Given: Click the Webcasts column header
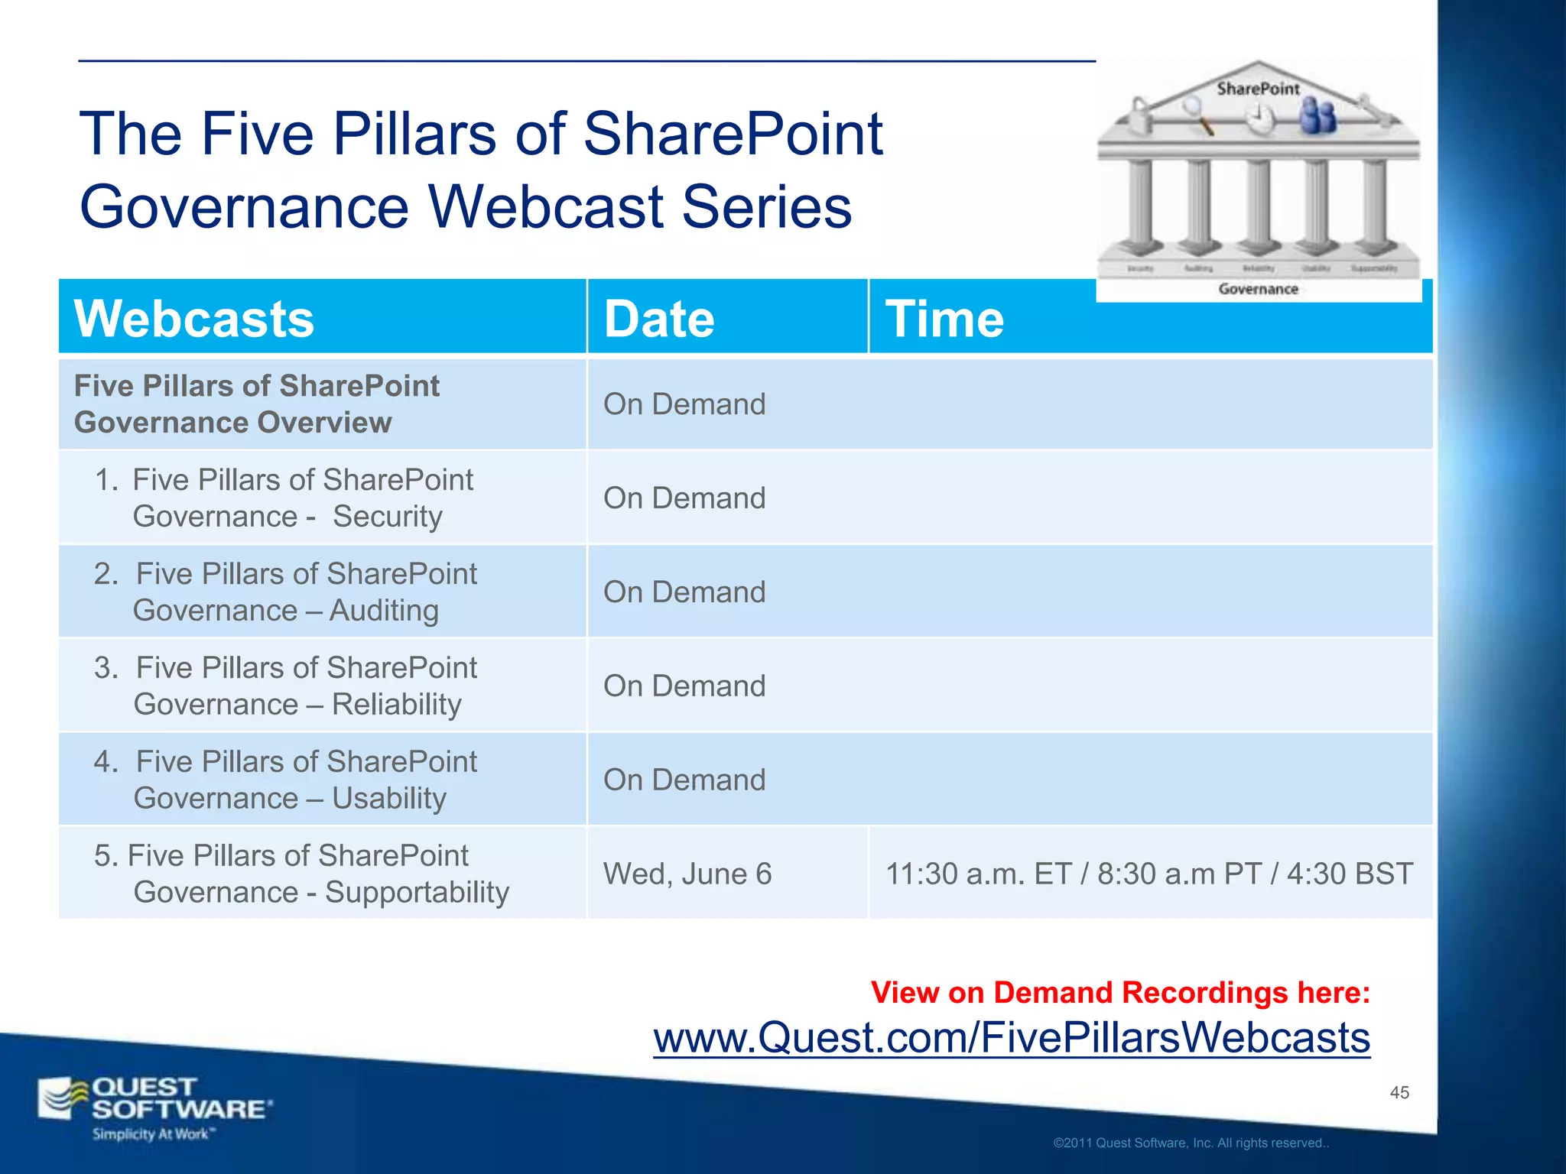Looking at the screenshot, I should pos(193,319).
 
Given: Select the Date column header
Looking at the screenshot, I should pos(658,319).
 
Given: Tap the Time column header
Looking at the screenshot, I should pos(944,319).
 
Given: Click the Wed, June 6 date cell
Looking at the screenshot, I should pos(687,874).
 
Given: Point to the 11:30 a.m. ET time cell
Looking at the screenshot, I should pos(1149,874).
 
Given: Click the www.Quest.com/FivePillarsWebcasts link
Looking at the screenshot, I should pos(1011,1038).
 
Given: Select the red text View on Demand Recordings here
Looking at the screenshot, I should pos(1120,992).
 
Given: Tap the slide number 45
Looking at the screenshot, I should pos(1399,1092).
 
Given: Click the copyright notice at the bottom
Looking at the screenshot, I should pos(1191,1143).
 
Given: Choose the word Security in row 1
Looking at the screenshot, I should pos(387,517).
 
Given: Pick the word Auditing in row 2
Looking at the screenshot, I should pos(384,611).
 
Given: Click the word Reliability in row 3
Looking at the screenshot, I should pos(396,705).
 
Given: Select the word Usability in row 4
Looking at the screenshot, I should pos(388,799).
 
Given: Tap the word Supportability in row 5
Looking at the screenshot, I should pos(417,893).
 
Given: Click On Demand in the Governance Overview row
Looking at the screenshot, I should pos(684,404).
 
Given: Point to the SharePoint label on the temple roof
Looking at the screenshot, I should pos(1258,89).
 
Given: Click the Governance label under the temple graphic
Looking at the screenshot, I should pos(1258,289).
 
